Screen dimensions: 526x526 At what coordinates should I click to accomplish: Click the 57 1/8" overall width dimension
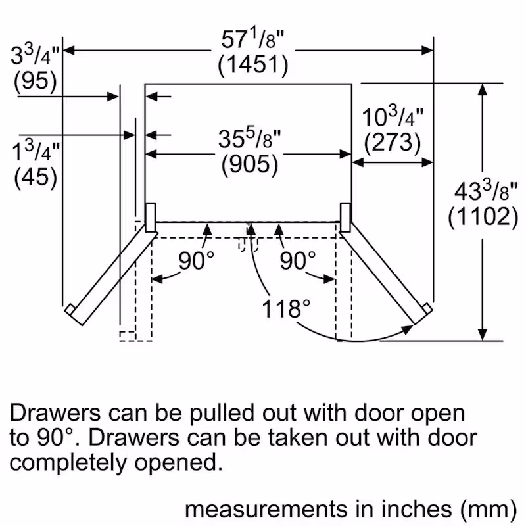[x=252, y=41]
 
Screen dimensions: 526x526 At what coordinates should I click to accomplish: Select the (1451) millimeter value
[x=252, y=66]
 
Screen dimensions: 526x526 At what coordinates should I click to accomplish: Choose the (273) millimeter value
[x=393, y=141]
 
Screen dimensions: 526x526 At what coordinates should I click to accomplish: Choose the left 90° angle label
[x=196, y=261]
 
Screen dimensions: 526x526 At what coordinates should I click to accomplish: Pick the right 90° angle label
[x=297, y=261]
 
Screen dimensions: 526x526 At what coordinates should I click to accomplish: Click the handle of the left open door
[x=68, y=309]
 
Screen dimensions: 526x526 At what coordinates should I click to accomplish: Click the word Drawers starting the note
[x=55, y=414]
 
